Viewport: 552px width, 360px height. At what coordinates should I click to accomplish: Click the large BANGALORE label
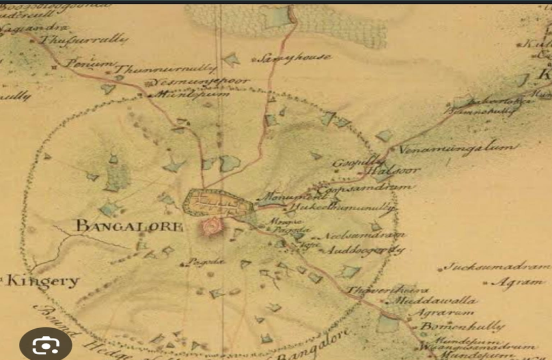[129, 226]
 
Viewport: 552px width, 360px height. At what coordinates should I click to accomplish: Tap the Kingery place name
[43, 281]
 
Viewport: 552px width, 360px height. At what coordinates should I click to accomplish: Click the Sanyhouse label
[293, 58]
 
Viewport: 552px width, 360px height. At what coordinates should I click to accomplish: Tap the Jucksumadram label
[495, 267]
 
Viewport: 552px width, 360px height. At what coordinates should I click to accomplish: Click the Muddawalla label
[435, 301]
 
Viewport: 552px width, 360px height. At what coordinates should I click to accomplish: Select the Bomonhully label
[462, 326]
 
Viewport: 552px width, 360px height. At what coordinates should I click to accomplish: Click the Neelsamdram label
[364, 236]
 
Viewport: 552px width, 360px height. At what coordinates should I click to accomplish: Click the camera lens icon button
[45, 343]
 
